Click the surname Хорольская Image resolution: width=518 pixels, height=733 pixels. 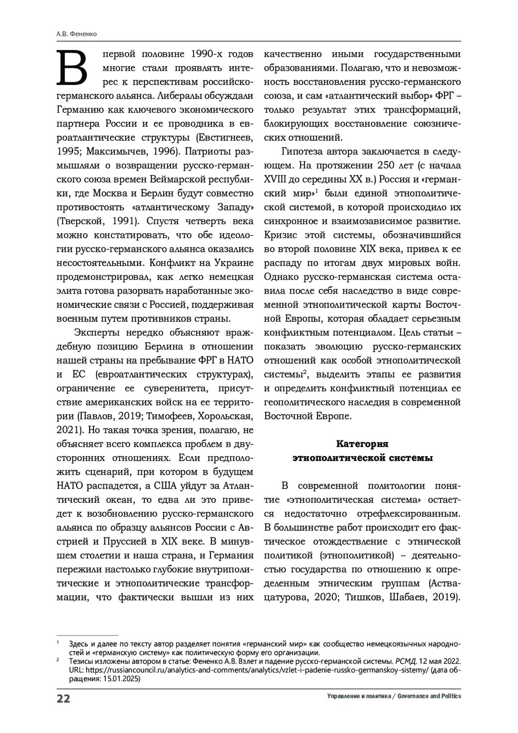click(x=227, y=416)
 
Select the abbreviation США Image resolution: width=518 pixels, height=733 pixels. click(x=167, y=485)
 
